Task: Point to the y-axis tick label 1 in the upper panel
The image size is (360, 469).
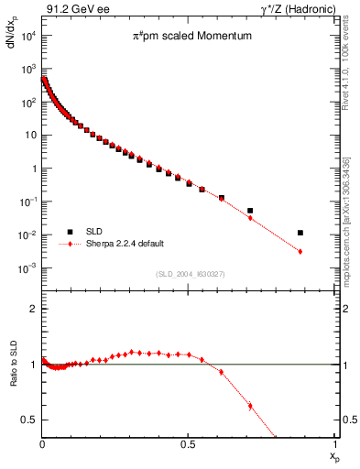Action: [x=32, y=169]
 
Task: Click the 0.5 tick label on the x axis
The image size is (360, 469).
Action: [x=188, y=444]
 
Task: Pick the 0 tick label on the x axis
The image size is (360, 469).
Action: [x=42, y=444]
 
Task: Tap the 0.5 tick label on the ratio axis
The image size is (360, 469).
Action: [x=30, y=420]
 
